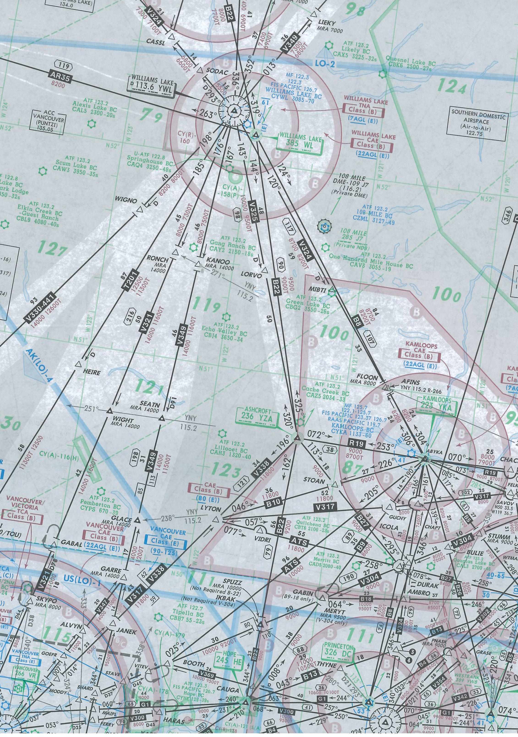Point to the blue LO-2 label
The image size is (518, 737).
pos(325,64)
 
